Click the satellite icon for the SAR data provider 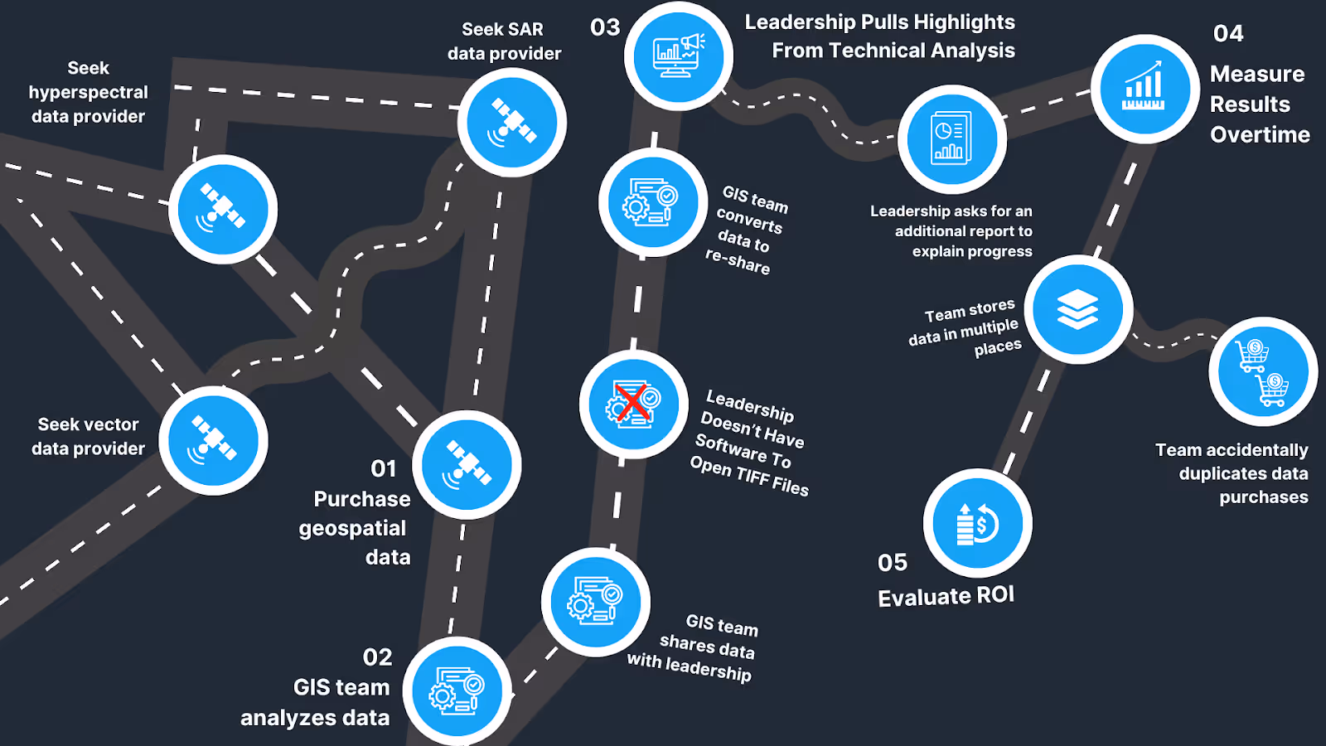(512, 123)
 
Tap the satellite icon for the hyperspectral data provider (222, 209)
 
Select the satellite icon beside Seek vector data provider (213, 440)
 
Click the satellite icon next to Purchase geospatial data (467, 464)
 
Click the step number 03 (605, 27)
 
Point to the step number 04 (1228, 33)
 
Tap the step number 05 (893, 563)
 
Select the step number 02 (377, 657)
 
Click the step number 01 (384, 469)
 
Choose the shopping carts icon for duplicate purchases (1263, 371)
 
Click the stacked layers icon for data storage (1077, 309)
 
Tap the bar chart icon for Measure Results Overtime (1145, 88)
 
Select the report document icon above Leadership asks (951, 138)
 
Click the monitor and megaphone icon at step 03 (678, 56)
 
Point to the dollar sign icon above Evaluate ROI (978, 523)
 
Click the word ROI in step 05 (995, 595)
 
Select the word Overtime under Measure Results (1260, 135)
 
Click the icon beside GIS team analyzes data (456, 691)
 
